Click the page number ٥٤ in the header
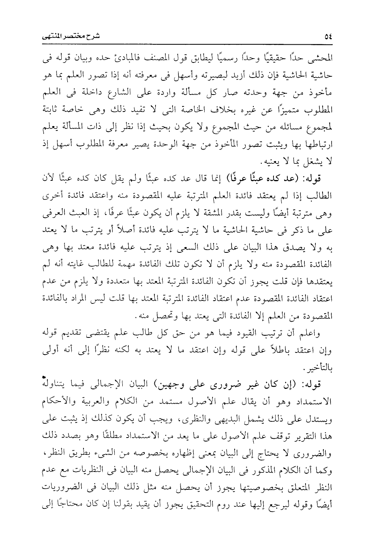coord(328,37)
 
